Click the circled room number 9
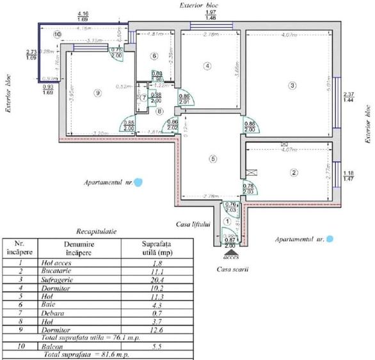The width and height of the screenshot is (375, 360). pyautogui.click(x=97, y=93)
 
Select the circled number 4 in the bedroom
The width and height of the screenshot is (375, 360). pyautogui.click(x=207, y=65)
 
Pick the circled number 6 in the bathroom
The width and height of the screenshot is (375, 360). pyautogui.click(x=154, y=56)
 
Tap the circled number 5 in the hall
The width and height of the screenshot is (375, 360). pyautogui.click(x=214, y=159)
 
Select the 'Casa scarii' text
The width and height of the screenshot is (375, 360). pyautogui.click(x=232, y=269)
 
